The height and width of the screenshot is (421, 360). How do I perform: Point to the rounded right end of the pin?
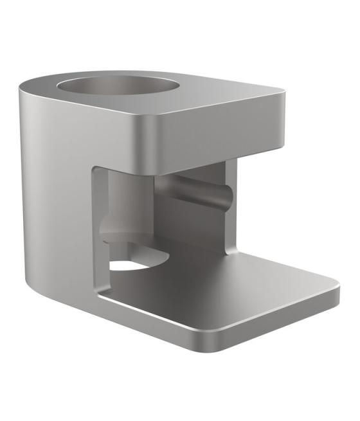tap(225, 198)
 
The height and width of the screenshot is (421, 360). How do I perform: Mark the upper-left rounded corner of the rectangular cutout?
tap(96, 171)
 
